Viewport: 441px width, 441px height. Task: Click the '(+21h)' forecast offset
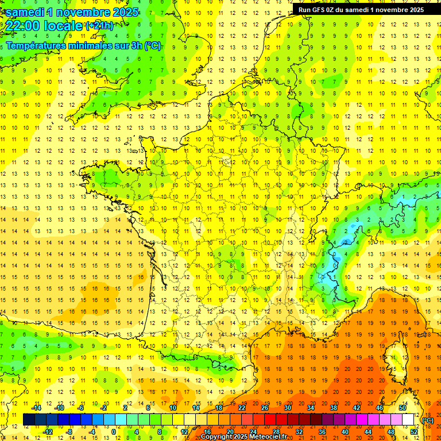[x=99, y=25]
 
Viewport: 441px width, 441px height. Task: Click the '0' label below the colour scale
[x=114, y=432]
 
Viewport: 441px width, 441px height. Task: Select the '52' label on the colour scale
[x=413, y=432]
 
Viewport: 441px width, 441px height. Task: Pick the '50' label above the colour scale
[x=402, y=408]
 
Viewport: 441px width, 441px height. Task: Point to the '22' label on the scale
[x=242, y=408]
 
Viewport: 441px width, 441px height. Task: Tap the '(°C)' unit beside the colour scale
[x=427, y=420]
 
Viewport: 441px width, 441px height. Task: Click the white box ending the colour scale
[x=408, y=420]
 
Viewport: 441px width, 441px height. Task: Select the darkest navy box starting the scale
[x=29, y=420]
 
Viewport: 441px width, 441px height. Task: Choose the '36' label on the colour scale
[x=322, y=432]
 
